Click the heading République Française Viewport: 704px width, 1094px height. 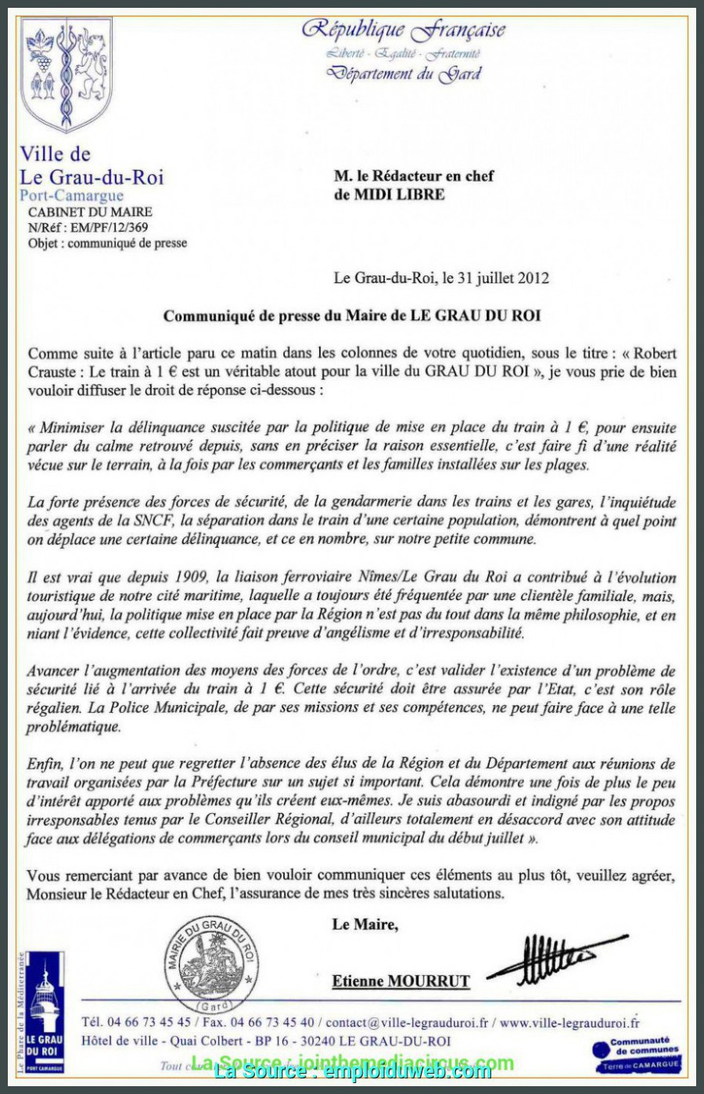(x=404, y=30)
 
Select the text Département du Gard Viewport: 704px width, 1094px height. (x=404, y=74)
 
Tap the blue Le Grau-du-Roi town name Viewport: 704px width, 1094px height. (x=92, y=177)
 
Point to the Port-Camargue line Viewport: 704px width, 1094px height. (x=71, y=195)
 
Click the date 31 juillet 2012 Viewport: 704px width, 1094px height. (x=501, y=278)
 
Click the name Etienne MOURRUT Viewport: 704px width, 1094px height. (x=400, y=981)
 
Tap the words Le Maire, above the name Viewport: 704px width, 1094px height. (x=365, y=924)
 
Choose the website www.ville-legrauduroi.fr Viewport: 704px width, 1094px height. (x=569, y=1023)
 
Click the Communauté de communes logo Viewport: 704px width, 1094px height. (x=638, y=1055)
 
